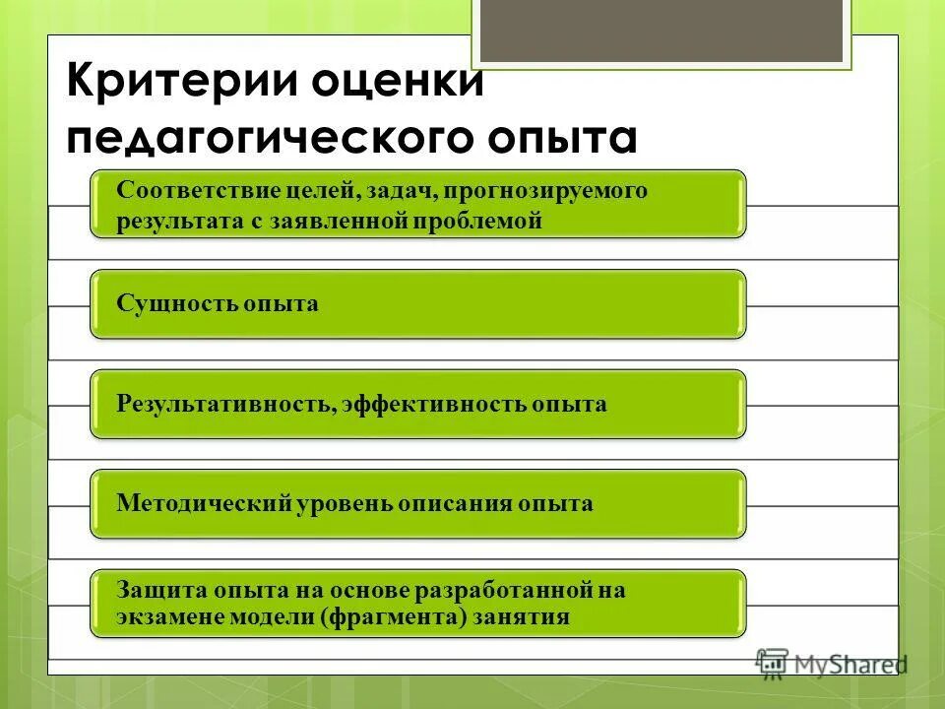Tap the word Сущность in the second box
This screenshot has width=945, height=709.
(x=166, y=303)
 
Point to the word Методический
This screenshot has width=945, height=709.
(x=206, y=503)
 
